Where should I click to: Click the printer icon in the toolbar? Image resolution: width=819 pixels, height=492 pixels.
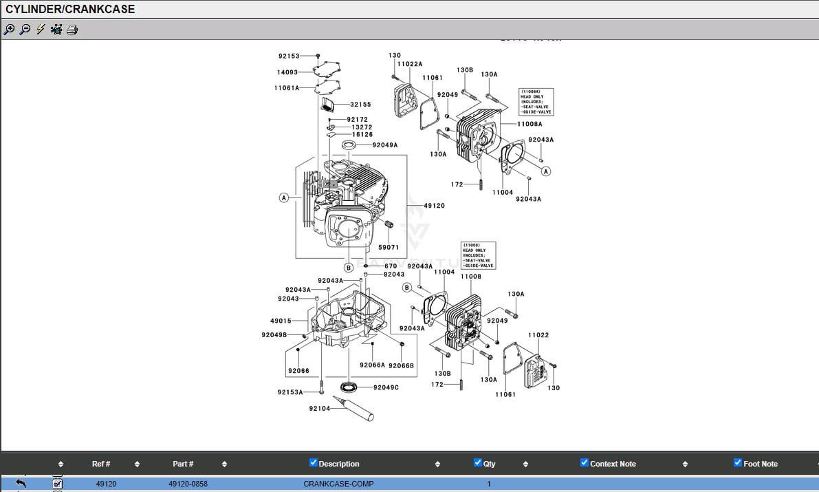(x=72, y=29)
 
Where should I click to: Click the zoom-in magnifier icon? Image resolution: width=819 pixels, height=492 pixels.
(x=9, y=29)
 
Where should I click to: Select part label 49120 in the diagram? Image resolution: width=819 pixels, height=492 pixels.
(x=434, y=206)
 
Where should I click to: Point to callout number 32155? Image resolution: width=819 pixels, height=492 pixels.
(x=360, y=105)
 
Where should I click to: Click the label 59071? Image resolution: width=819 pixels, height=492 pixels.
(x=389, y=247)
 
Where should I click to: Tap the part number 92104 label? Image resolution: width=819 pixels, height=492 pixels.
(x=319, y=409)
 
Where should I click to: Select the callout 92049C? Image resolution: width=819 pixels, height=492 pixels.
(x=386, y=387)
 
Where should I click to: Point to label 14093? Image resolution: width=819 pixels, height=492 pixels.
(x=287, y=72)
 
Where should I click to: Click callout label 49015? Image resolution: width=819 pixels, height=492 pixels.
(x=281, y=321)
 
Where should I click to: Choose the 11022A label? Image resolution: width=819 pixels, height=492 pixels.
(x=411, y=64)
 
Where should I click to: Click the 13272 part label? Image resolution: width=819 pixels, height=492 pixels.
(x=362, y=127)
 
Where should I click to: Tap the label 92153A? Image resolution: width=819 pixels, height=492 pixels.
(x=290, y=392)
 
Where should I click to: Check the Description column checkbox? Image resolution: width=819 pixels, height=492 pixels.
(x=314, y=462)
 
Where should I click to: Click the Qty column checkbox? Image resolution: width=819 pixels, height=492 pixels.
(x=478, y=462)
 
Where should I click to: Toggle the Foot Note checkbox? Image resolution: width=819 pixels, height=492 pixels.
(x=738, y=462)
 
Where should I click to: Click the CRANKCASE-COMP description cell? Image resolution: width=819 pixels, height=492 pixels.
(x=338, y=484)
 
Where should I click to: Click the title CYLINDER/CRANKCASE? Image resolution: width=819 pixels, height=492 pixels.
(x=70, y=9)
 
